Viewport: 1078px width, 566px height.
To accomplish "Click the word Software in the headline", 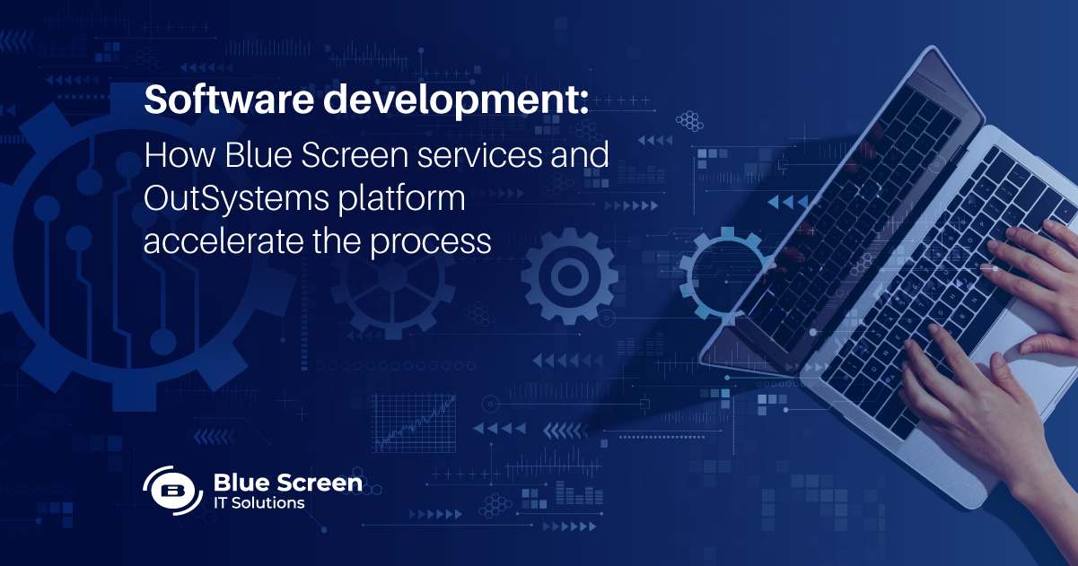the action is click(x=229, y=99).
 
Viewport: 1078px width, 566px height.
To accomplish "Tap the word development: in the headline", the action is click(x=456, y=100).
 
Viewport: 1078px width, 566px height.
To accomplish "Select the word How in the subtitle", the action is click(x=179, y=155).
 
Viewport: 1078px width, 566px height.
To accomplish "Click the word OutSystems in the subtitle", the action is click(x=236, y=198).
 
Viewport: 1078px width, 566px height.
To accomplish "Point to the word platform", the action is click(x=402, y=198).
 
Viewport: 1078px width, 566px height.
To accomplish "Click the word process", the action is click(x=431, y=243).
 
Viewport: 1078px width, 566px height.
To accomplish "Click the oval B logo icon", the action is click(x=172, y=491).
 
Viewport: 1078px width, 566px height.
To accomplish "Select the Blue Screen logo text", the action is click(x=288, y=483).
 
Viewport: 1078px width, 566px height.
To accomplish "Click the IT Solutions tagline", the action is click(x=259, y=503).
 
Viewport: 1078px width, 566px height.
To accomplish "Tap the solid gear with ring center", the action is click(x=569, y=276).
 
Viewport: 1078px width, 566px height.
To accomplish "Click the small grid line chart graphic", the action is click(x=414, y=423).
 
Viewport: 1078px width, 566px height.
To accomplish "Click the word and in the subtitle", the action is click(x=580, y=155).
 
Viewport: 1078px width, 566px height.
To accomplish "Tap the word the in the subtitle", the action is click(x=337, y=240).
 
